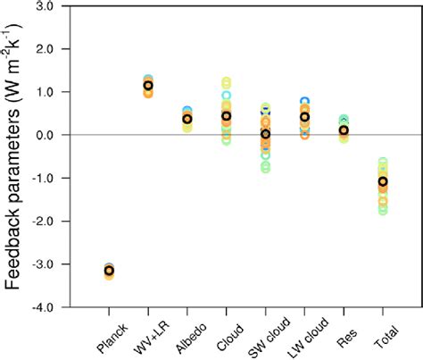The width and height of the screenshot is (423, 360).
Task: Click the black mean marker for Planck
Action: (110, 270)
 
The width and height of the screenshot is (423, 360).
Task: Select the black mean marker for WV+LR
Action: (148, 86)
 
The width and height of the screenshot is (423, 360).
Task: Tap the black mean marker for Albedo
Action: (187, 119)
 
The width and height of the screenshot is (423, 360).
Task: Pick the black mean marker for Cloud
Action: (227, 116)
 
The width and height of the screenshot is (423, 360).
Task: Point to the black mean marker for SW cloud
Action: (265, 134)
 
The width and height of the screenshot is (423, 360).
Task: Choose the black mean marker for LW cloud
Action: (304, 117)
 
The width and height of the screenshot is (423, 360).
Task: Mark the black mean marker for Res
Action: (344, 130)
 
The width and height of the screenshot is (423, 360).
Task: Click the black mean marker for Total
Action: (383, 181)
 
